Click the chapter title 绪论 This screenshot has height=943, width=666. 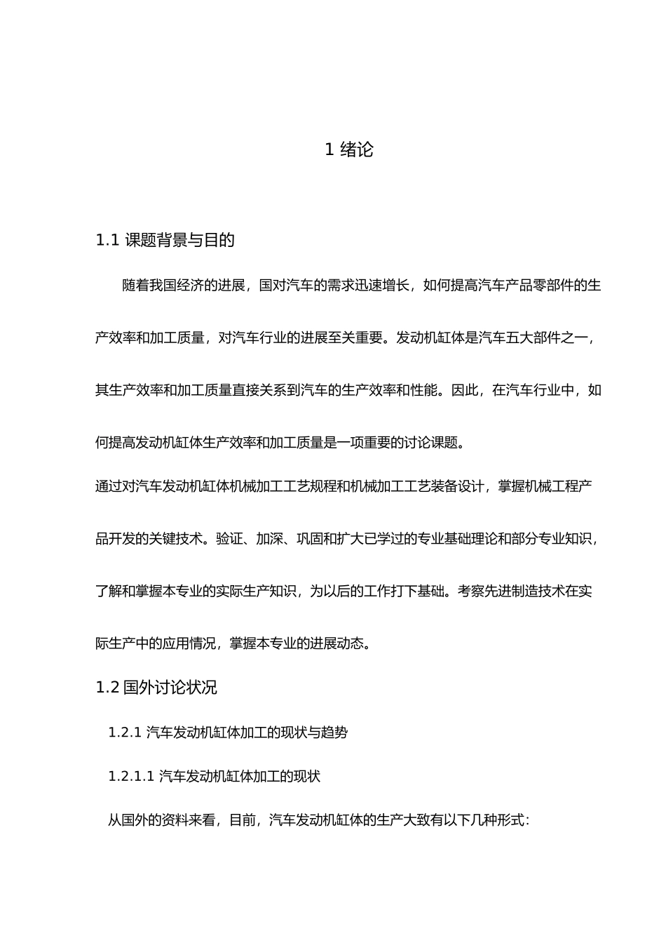357,149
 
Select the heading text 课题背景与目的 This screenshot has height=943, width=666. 179,241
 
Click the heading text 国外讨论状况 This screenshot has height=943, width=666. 170,688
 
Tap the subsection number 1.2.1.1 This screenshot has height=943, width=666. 131,777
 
